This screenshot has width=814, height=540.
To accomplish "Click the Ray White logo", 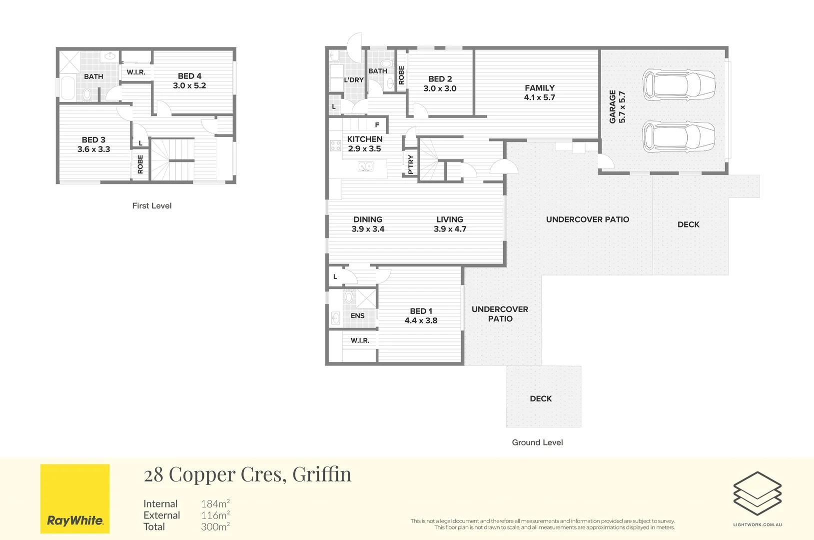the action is pos(75,498).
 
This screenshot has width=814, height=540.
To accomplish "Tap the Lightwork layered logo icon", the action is pos(758,493).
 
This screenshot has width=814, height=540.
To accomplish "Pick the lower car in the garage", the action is pos(679,136).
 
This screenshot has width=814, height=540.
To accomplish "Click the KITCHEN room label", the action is pos(364,139).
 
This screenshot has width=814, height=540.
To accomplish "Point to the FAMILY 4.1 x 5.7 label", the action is pos(540,92).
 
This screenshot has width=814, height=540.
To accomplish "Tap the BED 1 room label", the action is pos(421,311).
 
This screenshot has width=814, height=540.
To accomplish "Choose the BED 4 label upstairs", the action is pos(189,76).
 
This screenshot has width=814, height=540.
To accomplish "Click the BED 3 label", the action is pos(93,140).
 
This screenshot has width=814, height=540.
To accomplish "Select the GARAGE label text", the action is pos(612,107).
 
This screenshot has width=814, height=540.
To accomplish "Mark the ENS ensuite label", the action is pos(358,315).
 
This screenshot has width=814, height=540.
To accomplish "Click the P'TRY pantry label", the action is pos(411,164).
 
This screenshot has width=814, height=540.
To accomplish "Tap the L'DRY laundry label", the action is pos(354,80).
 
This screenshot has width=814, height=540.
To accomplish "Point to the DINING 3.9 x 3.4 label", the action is pos(368,224).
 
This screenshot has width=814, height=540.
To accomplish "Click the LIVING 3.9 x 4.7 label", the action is pos(450,224).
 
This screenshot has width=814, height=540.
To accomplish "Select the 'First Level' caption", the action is pos(152,206).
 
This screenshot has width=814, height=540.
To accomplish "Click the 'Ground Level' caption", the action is pos(537,442).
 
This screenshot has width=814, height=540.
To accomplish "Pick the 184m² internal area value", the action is pos(215,503).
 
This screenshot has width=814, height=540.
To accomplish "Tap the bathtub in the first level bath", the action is pos(67,87).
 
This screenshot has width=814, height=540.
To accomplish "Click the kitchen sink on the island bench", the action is pos(366,166).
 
